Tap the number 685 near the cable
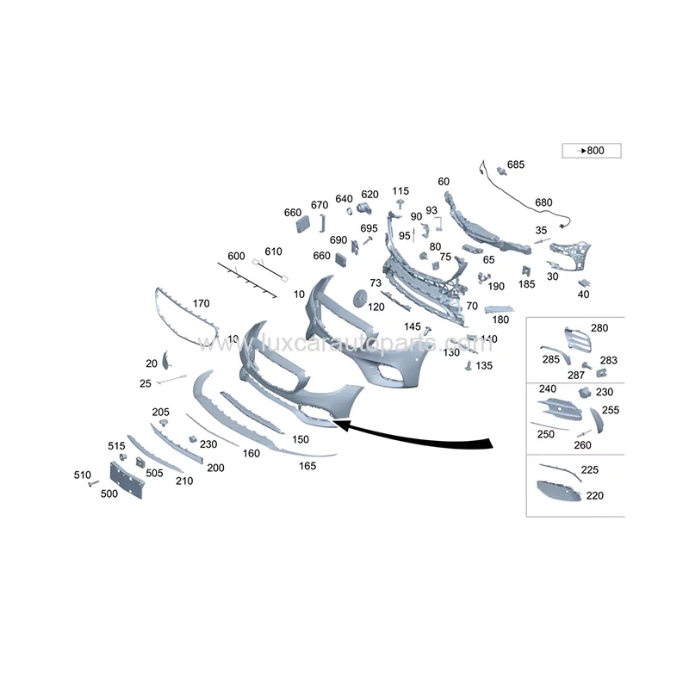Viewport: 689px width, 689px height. [515, 164]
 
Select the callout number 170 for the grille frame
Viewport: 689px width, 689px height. [201, 303]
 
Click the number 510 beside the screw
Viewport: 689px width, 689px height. [82, 475]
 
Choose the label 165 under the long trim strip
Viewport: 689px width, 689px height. [307, 466]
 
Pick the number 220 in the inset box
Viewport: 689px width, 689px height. [594, 495]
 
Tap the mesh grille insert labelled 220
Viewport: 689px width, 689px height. [558, 493]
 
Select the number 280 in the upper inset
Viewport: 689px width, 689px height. [599, 328]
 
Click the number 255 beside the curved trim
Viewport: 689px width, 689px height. [610, 411]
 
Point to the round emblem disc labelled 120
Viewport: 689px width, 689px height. [357, 296]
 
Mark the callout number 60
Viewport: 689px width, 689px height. [444, 182]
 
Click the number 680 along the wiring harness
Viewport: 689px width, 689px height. [543, 202]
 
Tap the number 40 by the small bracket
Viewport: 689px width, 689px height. [583, 295]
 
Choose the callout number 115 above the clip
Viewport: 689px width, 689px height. [400, 191]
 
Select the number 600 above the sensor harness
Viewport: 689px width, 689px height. [236, 256]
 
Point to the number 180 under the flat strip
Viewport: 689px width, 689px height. [500, 320]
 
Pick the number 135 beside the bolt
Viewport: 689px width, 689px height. [484, 365]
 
